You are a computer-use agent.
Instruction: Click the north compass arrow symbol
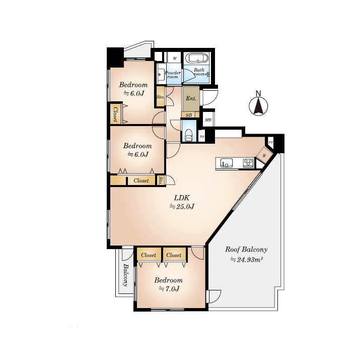click(258, 106)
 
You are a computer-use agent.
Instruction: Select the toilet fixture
click(189, 135)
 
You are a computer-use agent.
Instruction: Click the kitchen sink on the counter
click(227, 163)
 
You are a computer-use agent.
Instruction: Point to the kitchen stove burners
click(248, 163)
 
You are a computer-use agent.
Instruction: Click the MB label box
click(208, 120)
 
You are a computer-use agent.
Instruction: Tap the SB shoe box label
click(189, 115)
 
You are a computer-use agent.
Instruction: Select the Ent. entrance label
click(191, 98)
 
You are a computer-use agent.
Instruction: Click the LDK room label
click(182, 198)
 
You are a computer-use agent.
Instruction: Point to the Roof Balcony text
click(246, 250)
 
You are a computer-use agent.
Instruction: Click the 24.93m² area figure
click(247, 260)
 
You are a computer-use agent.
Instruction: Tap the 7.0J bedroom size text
click(169, 289)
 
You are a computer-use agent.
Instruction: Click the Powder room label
click(173, 75)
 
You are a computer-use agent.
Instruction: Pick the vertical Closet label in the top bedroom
click(115, 114)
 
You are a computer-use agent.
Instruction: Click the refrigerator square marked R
click(264, 156)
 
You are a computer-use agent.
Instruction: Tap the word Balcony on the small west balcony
click(125, 275)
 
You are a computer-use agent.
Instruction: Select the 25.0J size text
click(182, 207)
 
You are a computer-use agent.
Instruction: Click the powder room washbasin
click(161, 74)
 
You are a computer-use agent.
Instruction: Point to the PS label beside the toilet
click(202, 137)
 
